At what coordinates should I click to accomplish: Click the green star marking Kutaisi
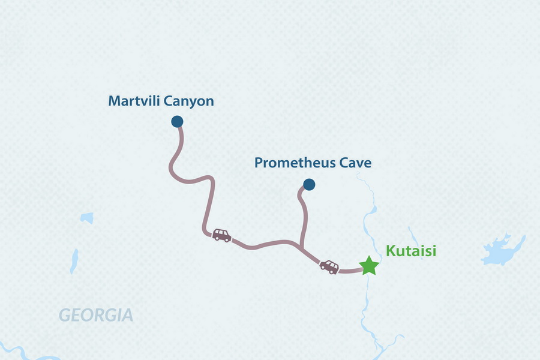368,265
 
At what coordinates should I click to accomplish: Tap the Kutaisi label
411,250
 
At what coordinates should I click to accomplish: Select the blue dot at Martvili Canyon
177,122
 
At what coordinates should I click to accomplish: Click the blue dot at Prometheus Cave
308,184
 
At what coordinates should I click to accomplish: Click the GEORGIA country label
95,315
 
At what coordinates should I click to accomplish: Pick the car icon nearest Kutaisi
329,266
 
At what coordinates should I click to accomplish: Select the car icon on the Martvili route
221,235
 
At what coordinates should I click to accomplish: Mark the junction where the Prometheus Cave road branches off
300,246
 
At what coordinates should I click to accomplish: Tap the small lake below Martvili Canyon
88,218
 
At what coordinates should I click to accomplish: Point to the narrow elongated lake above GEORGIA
74,262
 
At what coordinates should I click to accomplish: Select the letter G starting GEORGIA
64,315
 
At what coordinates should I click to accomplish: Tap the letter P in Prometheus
259,163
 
